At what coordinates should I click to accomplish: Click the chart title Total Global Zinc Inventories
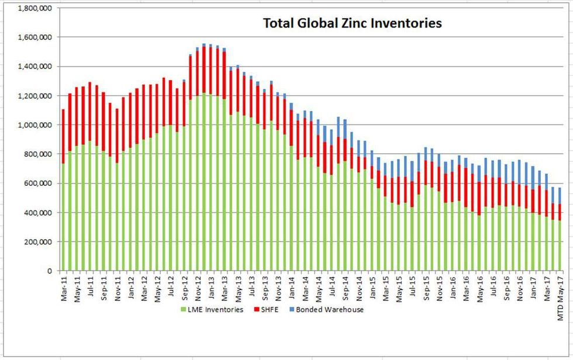point(352,23)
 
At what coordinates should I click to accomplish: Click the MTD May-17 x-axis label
point(559,291)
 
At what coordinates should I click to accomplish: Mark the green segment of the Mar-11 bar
point(63,216)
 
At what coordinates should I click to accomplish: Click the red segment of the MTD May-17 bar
point(559,212)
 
